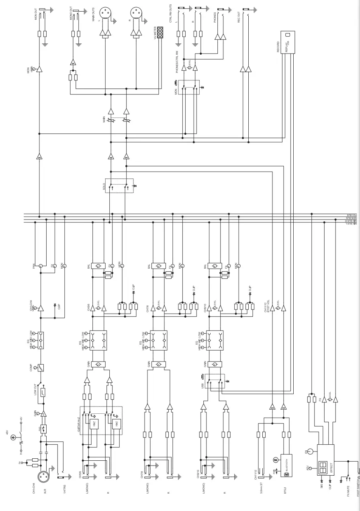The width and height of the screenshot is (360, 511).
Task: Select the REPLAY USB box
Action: click(288, 42)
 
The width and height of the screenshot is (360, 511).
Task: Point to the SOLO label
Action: click(103, 186)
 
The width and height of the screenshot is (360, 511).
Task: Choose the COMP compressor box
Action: click(41, 367)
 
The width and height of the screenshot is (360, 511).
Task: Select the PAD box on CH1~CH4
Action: click(44, 429)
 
